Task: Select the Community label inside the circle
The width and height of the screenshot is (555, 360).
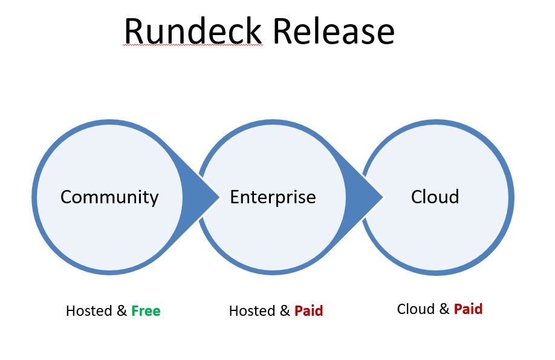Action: (x=109, y=197)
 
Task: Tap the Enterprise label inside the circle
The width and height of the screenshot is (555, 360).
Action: (x=273, y=197)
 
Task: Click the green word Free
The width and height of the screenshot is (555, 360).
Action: (x=146, y=311)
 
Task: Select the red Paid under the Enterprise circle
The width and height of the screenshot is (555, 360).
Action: (x=308, y=311)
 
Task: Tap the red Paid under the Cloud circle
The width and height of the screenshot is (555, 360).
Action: (x=468, y=309)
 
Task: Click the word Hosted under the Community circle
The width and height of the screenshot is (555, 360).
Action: (x=88, y=311)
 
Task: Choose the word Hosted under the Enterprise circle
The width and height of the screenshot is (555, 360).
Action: (x=252, y=311)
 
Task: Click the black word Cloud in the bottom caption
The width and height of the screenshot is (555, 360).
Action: (x=415, y=309)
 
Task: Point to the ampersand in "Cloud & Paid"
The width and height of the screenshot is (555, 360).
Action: (x=444, y=309)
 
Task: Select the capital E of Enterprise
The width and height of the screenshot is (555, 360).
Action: (x=235, y=197)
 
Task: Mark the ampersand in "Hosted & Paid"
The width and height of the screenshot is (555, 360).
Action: (x=285, y=311)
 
